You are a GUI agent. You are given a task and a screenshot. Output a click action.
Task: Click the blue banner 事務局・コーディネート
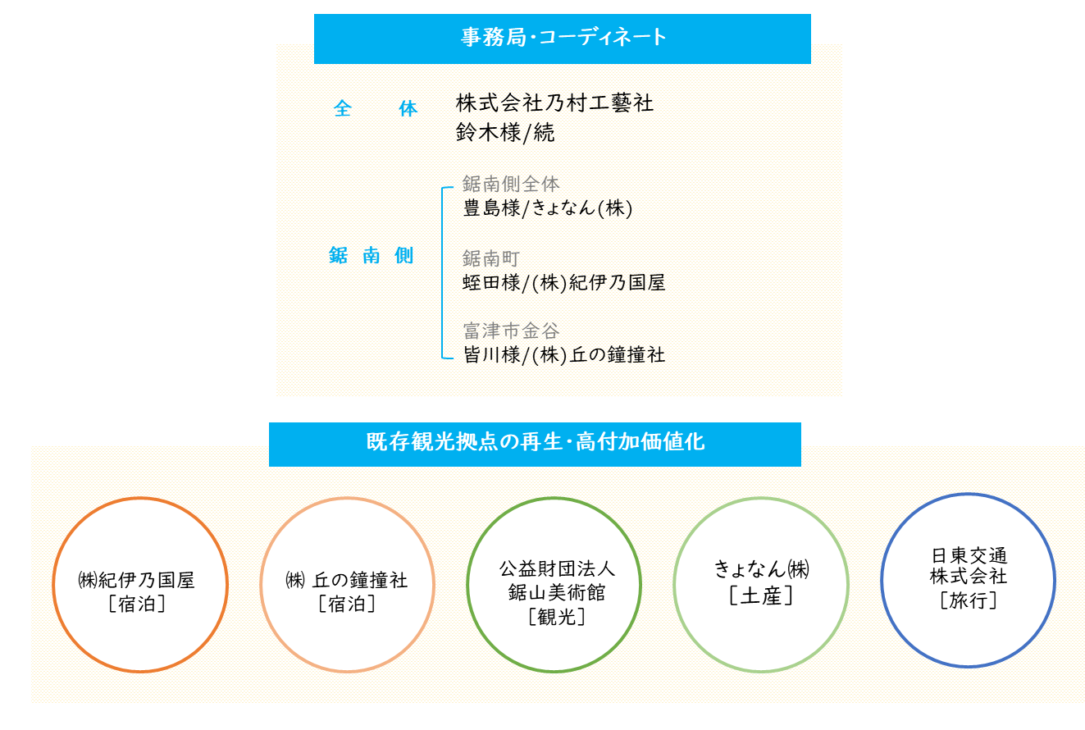tap(563, 39)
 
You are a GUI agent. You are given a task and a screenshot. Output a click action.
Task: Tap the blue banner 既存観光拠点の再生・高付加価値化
tap(535, 445)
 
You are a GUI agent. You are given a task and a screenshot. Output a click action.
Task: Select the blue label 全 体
tap(375, 108)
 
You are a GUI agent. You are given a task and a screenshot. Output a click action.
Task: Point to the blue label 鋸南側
tap(371, 255)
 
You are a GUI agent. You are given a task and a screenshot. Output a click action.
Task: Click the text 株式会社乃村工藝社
tap(554, 103)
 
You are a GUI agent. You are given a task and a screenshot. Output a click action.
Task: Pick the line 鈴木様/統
tap(504, 132)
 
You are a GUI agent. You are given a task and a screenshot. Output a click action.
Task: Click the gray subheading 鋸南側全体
tap(511, 184)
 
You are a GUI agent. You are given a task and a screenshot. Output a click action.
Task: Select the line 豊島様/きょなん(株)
tap(547, 208)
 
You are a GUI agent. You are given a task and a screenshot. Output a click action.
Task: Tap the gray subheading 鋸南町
tap(490, 258)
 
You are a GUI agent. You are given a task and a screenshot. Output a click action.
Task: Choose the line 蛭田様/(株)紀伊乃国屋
tap(563, 283)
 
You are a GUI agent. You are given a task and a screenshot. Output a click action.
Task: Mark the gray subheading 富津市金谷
tap(511, 331)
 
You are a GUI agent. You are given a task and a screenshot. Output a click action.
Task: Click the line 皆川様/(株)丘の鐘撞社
tap(563, 355)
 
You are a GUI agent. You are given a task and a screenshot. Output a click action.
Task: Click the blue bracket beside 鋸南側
tap(442, 272)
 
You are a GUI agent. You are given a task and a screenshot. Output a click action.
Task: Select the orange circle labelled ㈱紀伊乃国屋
tap(52, 585)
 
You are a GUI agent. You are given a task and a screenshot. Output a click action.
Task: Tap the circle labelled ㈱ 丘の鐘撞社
tap(260, 585)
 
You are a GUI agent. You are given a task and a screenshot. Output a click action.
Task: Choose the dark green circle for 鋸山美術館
tap(467, 585)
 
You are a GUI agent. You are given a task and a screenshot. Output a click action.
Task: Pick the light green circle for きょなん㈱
tap(674, 585)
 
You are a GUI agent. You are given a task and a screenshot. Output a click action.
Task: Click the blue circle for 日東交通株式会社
tap(881, 581)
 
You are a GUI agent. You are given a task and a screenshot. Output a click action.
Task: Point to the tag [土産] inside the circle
tap(761, 595)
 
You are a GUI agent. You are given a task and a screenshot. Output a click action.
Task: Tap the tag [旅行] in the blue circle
tap(969, 600)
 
